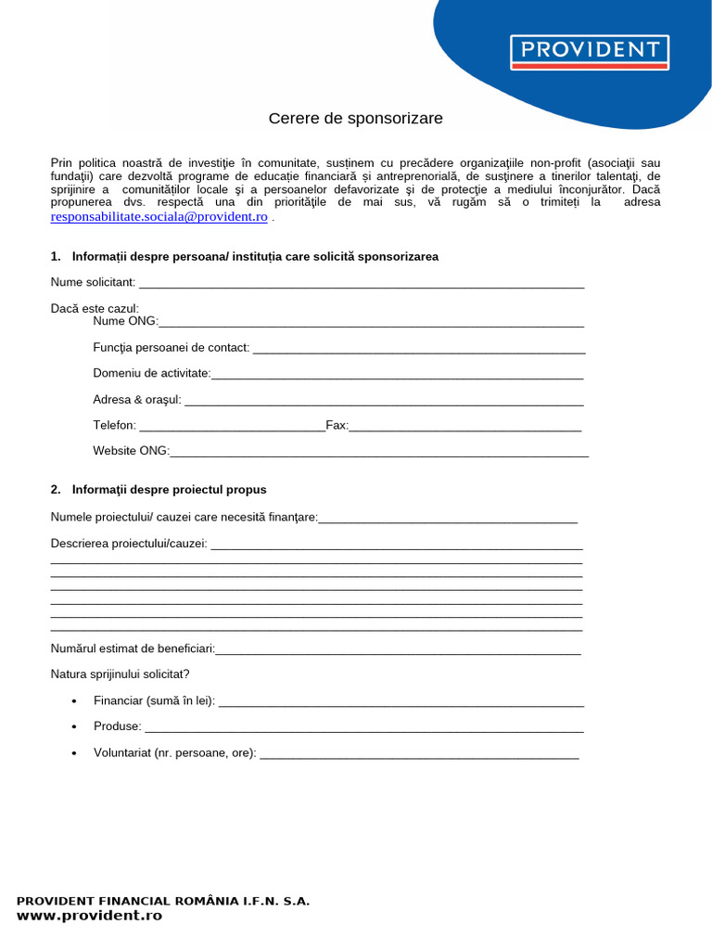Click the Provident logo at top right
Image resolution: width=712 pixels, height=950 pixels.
click(x=590, y=52)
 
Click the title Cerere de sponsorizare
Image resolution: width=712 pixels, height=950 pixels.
click(x=356, y=119)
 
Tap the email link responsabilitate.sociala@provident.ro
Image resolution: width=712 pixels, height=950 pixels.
click(x=159, y=216)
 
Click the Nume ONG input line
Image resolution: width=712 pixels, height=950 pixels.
click(x=371, y=323)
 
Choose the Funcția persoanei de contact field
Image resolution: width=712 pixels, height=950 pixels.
click(x=419, y=349)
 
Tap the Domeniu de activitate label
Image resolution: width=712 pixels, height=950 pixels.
click(x=152, y=373)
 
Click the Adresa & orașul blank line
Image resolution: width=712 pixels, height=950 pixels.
click(x=384, y=401)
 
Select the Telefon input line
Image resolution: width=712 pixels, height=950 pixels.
click(x=232, y=427)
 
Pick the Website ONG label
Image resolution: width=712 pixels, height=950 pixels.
click(x=131, y=451)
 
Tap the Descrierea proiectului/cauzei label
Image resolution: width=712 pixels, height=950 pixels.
click(x=129, y=544)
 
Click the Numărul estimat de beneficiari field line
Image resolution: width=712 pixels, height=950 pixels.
click(x=399, y=649)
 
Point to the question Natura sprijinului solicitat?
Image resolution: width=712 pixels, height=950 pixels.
click(x=121, y=674)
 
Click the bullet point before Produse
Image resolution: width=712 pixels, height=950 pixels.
click(x=74, y=726)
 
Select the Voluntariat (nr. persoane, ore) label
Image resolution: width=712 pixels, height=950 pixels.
click(x=174, y=753)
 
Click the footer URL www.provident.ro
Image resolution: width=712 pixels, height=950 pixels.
click(x=89, y=916)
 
